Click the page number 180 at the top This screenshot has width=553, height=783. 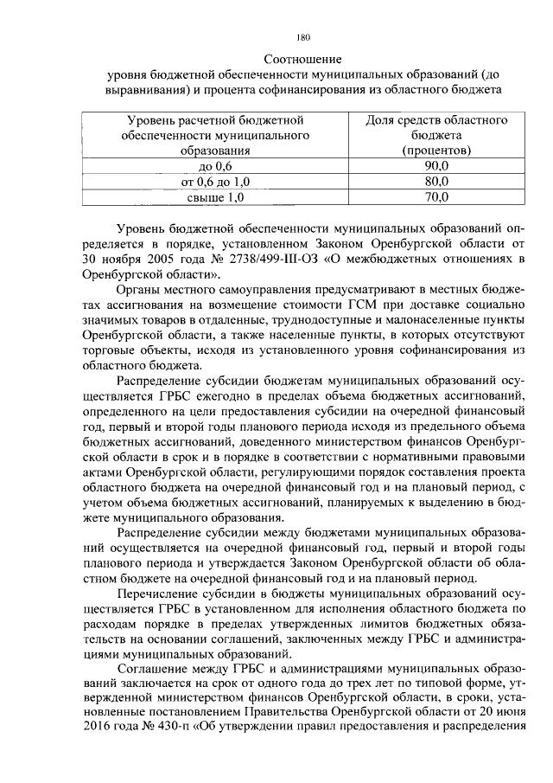302,37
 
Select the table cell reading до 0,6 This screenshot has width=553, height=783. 215,166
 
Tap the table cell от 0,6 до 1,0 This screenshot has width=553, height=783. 215,182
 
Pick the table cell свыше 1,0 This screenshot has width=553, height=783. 216,197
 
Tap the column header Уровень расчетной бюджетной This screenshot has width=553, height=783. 215,119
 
